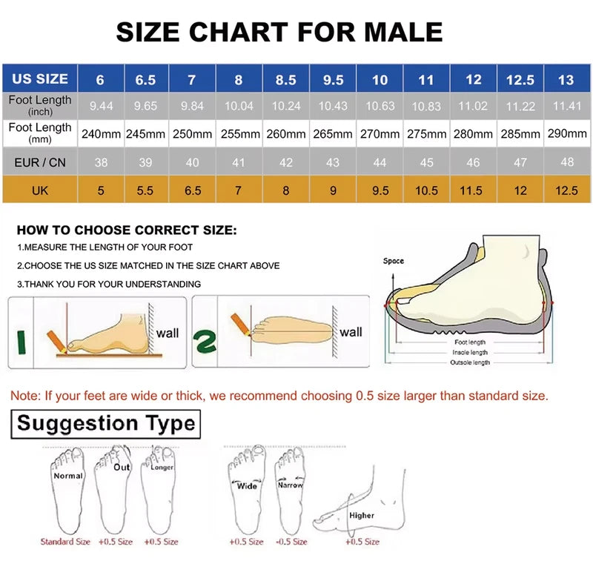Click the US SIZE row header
pyautogui.click(x=40, y=79)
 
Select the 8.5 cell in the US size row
pyautogui.click(x=286, y=79)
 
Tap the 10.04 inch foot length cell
pyautogui.click(x=239, y=106)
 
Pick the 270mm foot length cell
pyautogui.click(x=380, y=134)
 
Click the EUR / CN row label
pyautogui.click(x=40, y=162)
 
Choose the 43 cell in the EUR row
pyautogui.click(x=333, y=162)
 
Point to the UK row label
pyautogui.click(x=40, y=190)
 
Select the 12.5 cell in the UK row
pyautogui.click(x=566, y=190)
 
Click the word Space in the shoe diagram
pyautogui.click(x=394, y=261)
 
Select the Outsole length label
pyautogui.click(x=471, y=362)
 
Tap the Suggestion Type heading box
pyautogui.click(x=105, y=424)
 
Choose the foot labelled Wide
pyautogui.click(x=246, y=485)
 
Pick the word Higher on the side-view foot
pyautogui.click(x=362, y=515)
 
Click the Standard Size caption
pyautogui.click(x=65, y=542)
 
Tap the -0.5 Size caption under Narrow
pyautogui.click(x=292, y=542)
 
